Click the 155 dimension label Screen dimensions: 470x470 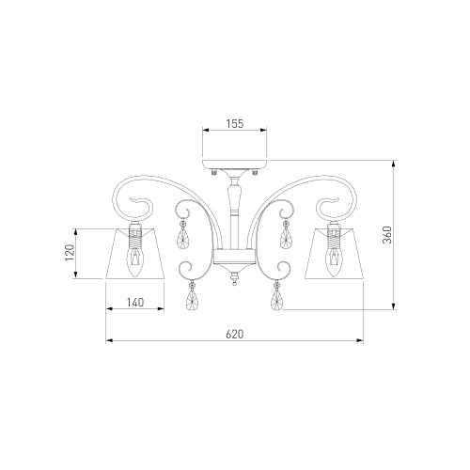click(235, 124)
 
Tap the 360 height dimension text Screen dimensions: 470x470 click(387, 235)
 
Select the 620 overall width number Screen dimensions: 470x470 click(235, 335)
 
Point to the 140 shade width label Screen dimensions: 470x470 click(135, 303)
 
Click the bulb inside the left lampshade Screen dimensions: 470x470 click(135, 261)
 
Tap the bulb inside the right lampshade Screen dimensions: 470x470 click(333, 261)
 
